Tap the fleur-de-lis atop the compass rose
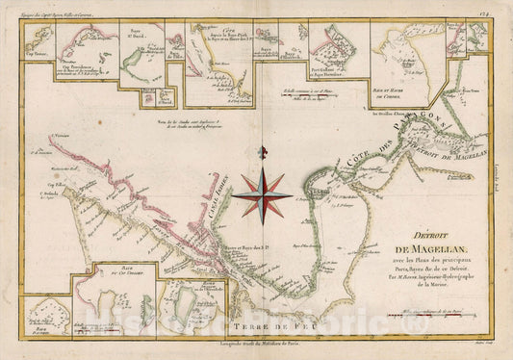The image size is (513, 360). pos(267,153)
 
